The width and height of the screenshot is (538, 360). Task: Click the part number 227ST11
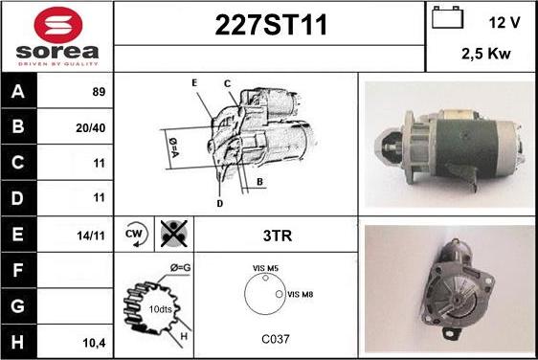271,25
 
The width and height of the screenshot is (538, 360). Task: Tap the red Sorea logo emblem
58,25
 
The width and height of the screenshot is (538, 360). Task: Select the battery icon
447,17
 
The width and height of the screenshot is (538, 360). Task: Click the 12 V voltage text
504,23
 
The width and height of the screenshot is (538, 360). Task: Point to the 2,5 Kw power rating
486,54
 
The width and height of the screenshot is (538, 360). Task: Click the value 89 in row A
99,92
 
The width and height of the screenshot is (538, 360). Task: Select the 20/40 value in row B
91,128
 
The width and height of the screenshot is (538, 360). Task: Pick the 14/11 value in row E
91,236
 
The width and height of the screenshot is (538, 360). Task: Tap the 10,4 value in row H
95,343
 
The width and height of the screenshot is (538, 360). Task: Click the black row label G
17,306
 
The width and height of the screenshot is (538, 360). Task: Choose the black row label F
17,270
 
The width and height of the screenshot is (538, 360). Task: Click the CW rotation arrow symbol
136,235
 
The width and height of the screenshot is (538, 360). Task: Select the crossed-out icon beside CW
174,234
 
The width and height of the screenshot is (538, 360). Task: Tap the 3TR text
278,236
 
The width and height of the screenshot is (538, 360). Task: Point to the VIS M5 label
265,268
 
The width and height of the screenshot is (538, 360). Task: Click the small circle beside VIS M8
280,294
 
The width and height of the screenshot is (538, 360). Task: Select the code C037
276,339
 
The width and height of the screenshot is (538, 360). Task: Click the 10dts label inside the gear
160,309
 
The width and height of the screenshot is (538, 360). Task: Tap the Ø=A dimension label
173,147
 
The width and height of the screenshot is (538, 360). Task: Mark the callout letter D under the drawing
220,204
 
